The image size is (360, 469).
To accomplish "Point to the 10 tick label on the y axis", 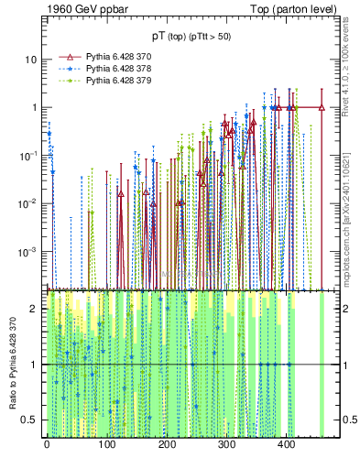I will [x=30, y=60].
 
